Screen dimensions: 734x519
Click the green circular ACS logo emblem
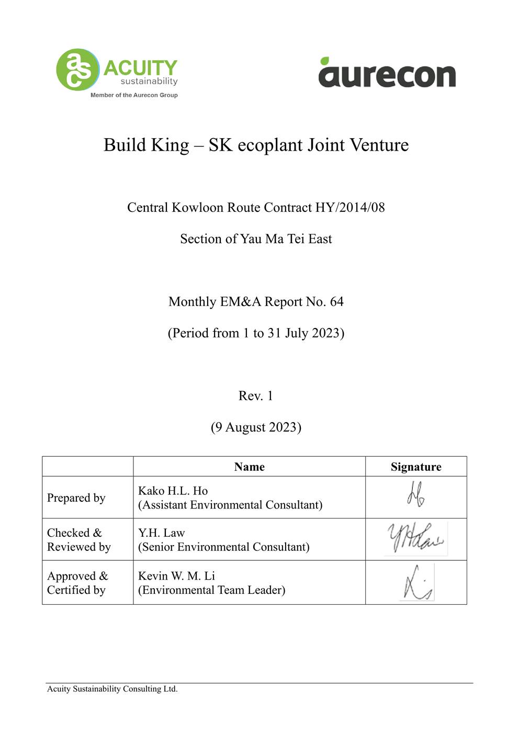click(77, 70)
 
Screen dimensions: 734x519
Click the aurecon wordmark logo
click(387, 75)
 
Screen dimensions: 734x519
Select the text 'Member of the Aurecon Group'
click(134, 95)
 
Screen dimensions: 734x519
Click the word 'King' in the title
click(170, 145)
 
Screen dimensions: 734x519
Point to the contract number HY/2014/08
click(349, 208)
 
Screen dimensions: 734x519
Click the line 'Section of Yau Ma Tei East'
click(256, 239)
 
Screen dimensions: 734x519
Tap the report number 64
click(336, 302)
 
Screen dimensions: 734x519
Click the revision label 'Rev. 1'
click(256, 396)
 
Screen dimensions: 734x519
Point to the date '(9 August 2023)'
click(256, 427)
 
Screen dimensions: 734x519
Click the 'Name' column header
click(249, 467)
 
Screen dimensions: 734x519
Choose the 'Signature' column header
click(416, 467)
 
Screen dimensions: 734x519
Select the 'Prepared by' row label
click(76, 498)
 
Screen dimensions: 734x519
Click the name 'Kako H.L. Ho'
click(173, 491)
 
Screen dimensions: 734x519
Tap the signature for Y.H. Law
click(415, 539)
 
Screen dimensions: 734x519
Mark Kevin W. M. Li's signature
click(417, 583)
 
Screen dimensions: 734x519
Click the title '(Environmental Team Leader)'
click(211, 590)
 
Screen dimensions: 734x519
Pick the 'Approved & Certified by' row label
click(77, 583)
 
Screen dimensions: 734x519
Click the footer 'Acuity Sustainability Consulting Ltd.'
click(112, 689)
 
